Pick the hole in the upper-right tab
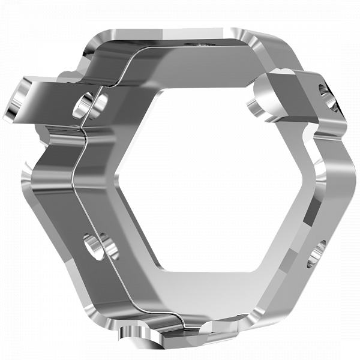pyautogui.click(x=326, y=96)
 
